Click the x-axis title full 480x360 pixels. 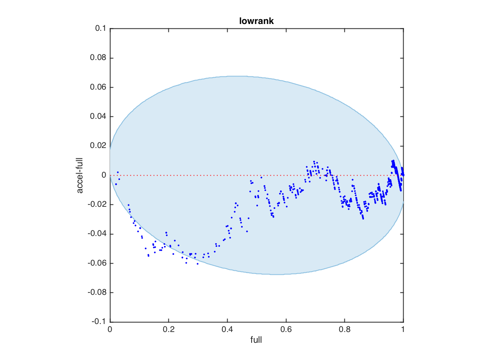[x=256, y=340]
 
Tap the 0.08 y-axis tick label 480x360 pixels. [x=98, y=58]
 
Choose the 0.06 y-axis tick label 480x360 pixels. [x=98, y=87]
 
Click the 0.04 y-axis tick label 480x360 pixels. [x=98, y=117]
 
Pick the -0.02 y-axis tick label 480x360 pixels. [x=97, y=205]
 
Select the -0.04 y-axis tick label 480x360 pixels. [x=97, y=234]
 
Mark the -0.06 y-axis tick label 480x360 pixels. [x=97, y=263]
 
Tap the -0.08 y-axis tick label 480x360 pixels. [x=97, y=293]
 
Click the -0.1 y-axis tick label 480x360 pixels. [x=99, y=322]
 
